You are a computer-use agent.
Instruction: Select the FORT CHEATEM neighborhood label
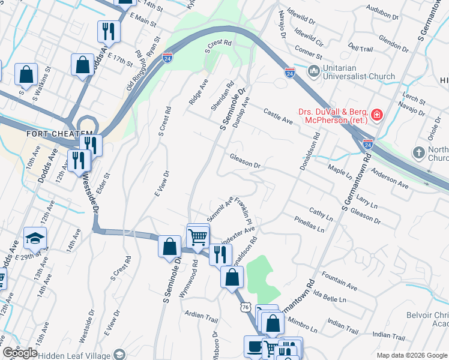click(59, 133)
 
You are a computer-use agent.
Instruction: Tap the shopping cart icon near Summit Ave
click(197, 236)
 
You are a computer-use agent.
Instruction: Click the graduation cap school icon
click(35, 238)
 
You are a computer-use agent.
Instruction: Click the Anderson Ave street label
click(390, 179)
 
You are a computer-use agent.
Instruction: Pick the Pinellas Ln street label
click(313, 225)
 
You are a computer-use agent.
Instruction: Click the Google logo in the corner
click(20, 353)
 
